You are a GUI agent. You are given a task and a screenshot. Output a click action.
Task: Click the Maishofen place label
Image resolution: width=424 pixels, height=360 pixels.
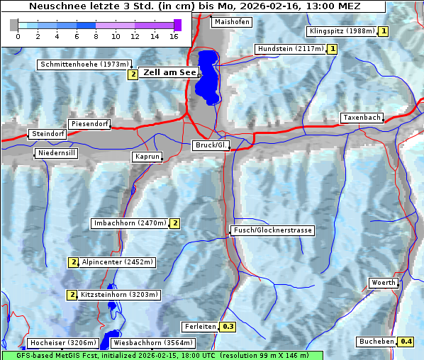point(231,22)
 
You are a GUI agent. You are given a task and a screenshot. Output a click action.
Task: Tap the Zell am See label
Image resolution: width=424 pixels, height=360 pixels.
point(169,72)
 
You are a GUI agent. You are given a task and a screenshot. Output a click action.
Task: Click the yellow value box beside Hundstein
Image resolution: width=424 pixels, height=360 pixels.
point(332,49)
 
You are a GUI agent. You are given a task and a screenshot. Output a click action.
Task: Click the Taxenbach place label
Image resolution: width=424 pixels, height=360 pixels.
point(362,118)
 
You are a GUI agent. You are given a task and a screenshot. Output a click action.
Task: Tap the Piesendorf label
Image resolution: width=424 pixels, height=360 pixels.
point(89,124)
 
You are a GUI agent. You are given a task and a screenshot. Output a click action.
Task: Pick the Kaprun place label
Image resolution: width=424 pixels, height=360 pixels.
point(147,157)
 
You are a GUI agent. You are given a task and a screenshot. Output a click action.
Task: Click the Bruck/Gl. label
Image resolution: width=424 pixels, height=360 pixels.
point(211,145)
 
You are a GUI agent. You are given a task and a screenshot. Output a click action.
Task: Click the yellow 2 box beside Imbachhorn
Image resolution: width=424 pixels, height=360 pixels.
point(174,223)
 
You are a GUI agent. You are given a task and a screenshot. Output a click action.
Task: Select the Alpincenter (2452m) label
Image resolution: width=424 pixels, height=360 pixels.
point(117,262)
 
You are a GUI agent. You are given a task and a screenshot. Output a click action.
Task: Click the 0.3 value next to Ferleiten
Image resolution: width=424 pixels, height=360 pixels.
point(228,327)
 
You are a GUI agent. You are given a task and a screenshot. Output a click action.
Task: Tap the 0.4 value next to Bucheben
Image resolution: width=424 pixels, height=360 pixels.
point(406,342)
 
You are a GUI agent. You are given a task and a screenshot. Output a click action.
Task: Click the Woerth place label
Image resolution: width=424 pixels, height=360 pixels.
point(384,283)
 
